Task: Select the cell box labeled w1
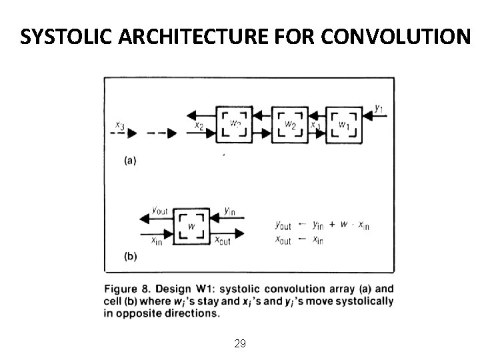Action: (x=344, y=124)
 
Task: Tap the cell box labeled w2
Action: (x=289, y=124)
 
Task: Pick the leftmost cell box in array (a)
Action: (x=235, y=124)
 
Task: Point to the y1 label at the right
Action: (x=379, y=107)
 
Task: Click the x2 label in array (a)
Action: (x=198, y=124)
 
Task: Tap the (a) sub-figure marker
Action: (x=131, y=160)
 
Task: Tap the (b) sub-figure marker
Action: (x=131, y=256)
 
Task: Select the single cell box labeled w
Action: (x=191, y=225)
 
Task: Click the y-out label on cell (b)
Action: (x=161, y=211)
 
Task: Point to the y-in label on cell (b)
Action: (x=229, y=211)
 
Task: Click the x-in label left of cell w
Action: (x=157, y=240)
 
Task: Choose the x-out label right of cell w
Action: (x=222, y=240)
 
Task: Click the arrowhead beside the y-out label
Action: (x=143, y=217)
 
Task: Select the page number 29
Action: (x=240, y=344)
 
